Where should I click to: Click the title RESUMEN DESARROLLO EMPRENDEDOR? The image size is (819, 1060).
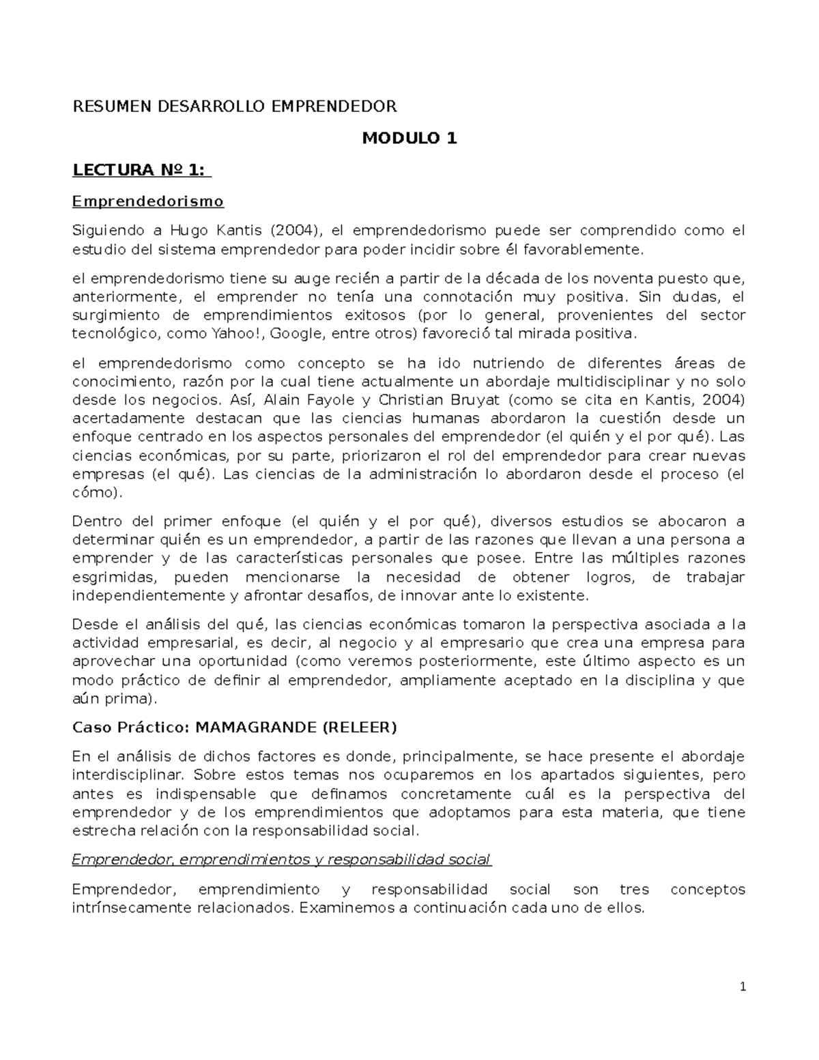235,106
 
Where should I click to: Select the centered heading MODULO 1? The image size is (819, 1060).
409,139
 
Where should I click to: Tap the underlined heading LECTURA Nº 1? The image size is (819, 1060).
142,170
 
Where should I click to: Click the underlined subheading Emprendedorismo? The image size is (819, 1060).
148,201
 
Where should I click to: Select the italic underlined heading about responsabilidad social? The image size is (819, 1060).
281,859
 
